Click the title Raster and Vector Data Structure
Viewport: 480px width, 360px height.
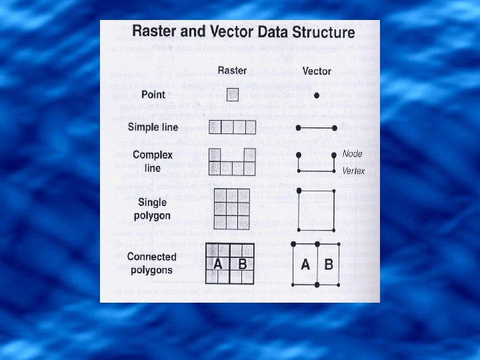[243, 32]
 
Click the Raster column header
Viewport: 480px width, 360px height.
[231, 71]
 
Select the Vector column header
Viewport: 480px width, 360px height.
[317, 71]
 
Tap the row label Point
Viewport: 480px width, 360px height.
[153, 95]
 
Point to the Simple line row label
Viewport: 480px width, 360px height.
[153, 127]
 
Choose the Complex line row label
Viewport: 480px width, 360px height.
[153, 161]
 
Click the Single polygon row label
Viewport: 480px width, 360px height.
[153, 209]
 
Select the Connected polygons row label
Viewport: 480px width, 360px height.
[151, 263]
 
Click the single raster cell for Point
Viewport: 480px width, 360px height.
[232, 95]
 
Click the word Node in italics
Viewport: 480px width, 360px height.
[352, 154]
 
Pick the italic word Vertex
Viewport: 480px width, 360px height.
[353, 171]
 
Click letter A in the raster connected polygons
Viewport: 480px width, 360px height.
[218, 264]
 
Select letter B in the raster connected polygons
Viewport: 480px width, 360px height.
[243, 264]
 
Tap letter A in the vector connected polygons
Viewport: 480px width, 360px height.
[305, 265]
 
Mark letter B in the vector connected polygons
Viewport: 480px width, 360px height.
[328, 265]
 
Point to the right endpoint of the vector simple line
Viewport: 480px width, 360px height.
[334, 127]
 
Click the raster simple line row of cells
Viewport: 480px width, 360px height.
[232, 127]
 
